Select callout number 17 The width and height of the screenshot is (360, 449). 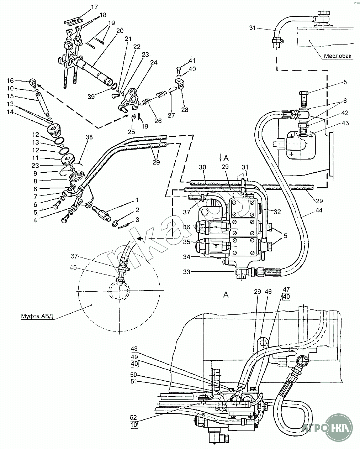click(x=84, y=7)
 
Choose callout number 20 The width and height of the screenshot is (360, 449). click(x=120, y=31)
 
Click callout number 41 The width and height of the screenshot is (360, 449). click(x=192, y=60)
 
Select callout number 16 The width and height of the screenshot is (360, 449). click(x=10, y=81)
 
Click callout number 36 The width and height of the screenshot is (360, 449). click(x=187, y=227)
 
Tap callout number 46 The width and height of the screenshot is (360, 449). click(x=268, y=292)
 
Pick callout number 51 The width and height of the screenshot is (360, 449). click(x=134, y=382)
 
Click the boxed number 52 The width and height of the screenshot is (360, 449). click(x=134, y=417)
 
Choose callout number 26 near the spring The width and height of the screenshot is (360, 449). click(x=158, y=121)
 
